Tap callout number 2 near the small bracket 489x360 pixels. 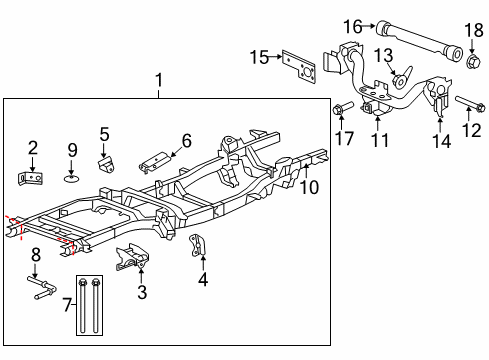[x=32, y=148]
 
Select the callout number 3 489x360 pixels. [x=141, y=292]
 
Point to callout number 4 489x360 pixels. [x=203, y=280]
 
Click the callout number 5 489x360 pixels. [x=104, y=132]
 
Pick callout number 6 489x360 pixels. [x=186, y=140]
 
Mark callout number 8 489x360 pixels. [x=34, y=254]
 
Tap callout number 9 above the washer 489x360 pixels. [x=72, y=150]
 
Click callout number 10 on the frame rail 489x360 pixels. [x=310, y=186]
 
